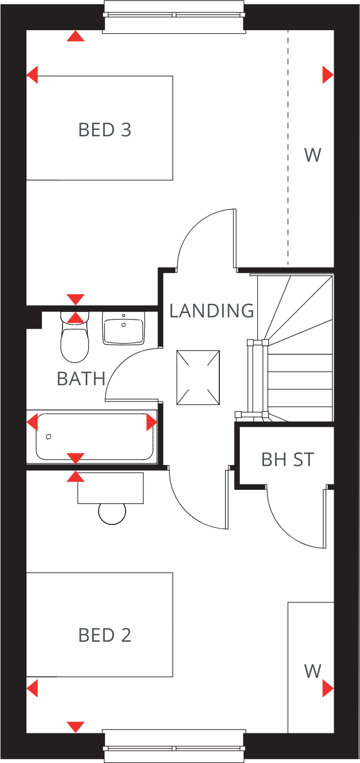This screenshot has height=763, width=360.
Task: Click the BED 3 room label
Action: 105,130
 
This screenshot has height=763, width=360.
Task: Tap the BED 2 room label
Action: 105,635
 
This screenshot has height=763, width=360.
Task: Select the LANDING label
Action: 211,311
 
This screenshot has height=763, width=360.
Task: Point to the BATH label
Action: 81,379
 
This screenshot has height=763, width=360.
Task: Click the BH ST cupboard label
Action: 287,460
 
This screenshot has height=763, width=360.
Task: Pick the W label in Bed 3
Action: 313,155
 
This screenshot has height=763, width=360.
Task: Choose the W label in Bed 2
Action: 313,671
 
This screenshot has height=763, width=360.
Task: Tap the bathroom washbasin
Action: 123,328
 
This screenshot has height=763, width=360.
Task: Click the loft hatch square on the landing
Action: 198,377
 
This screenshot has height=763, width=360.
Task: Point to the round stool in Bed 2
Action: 112,512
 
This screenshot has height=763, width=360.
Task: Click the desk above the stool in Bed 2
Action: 110,488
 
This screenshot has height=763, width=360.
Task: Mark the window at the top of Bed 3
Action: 174,16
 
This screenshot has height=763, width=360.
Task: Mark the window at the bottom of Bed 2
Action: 174,747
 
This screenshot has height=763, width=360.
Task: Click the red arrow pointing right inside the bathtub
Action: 151,422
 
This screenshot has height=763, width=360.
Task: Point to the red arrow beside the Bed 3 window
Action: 75,36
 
